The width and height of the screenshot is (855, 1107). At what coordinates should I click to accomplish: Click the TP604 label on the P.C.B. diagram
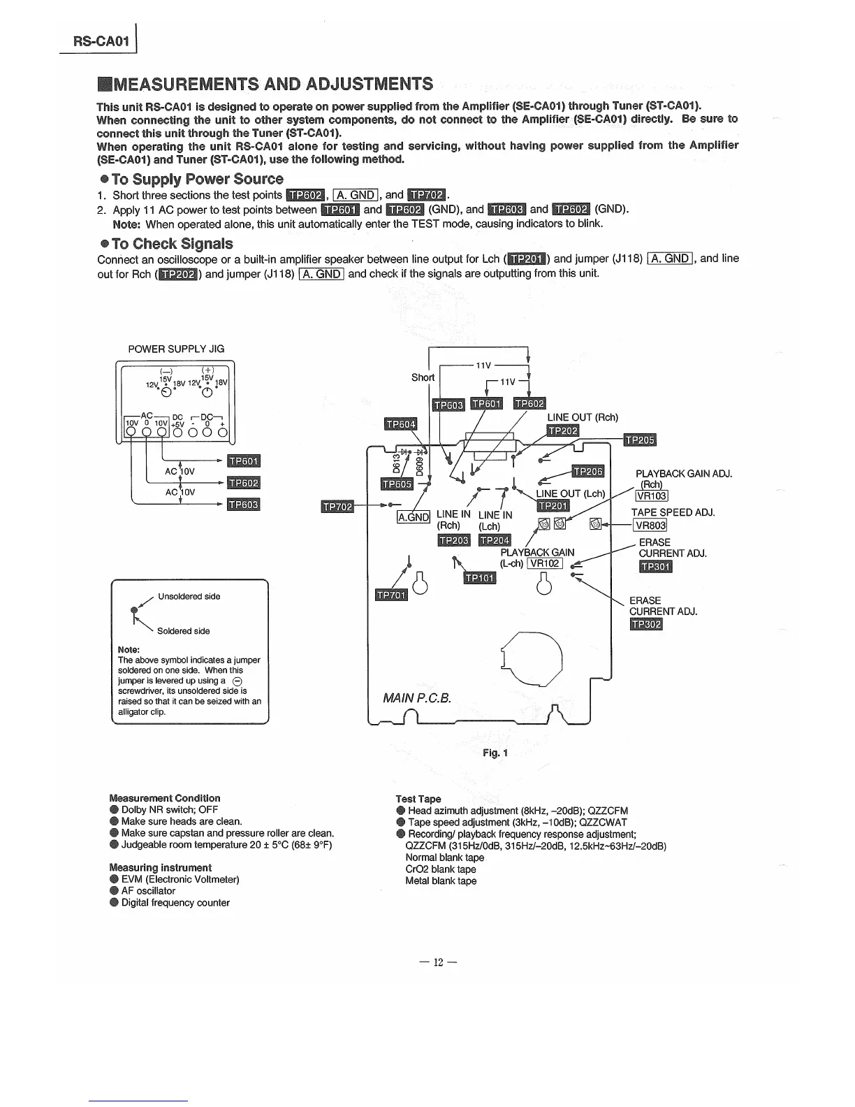(x=401, y=424)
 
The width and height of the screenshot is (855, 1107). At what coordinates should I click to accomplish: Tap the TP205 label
(x=639, y=440)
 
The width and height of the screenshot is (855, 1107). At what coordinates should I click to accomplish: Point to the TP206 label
(x=587, y=472)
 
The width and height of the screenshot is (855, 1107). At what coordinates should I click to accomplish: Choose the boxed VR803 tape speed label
(x=650, y=526)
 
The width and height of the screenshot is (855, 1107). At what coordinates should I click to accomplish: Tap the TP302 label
(x=645, y=624)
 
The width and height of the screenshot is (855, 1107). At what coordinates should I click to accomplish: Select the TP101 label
(x=480, y=578)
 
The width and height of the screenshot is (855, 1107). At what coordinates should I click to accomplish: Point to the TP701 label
(x=391, y=595)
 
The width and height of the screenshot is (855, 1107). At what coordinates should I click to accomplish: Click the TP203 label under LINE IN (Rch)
(x=453, y=540)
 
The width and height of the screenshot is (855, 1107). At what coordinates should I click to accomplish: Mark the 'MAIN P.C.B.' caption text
(x=417, y=698)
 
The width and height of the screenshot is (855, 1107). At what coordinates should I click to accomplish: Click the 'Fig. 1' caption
(x=495, y=753)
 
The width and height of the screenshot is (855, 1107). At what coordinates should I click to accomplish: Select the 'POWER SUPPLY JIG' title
(x=176, y=349)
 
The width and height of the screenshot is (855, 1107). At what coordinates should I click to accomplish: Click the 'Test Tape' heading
(x=418, y=799)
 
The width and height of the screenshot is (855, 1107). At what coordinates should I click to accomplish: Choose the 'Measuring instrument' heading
(x=161, y=867)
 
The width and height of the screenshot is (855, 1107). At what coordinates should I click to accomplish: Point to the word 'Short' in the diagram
(x=423, y=377)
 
